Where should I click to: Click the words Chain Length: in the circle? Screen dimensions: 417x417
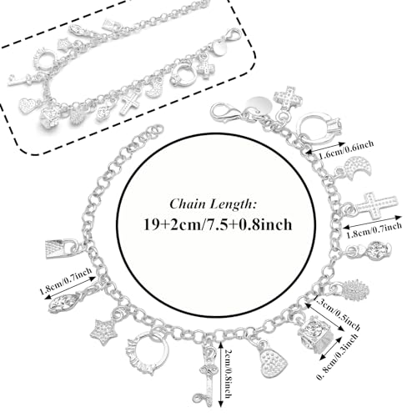pos(213,203)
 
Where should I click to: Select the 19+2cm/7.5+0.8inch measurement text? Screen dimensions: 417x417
pos(218,224)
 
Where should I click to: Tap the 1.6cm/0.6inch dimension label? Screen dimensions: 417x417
pos(345,149)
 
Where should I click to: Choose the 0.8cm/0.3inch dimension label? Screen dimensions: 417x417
pos(337,356)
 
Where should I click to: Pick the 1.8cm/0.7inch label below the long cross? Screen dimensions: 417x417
pos(374,230)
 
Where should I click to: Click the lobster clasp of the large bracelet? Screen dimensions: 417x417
pos(224,112)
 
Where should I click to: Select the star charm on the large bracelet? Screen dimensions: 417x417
pos(102,332)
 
